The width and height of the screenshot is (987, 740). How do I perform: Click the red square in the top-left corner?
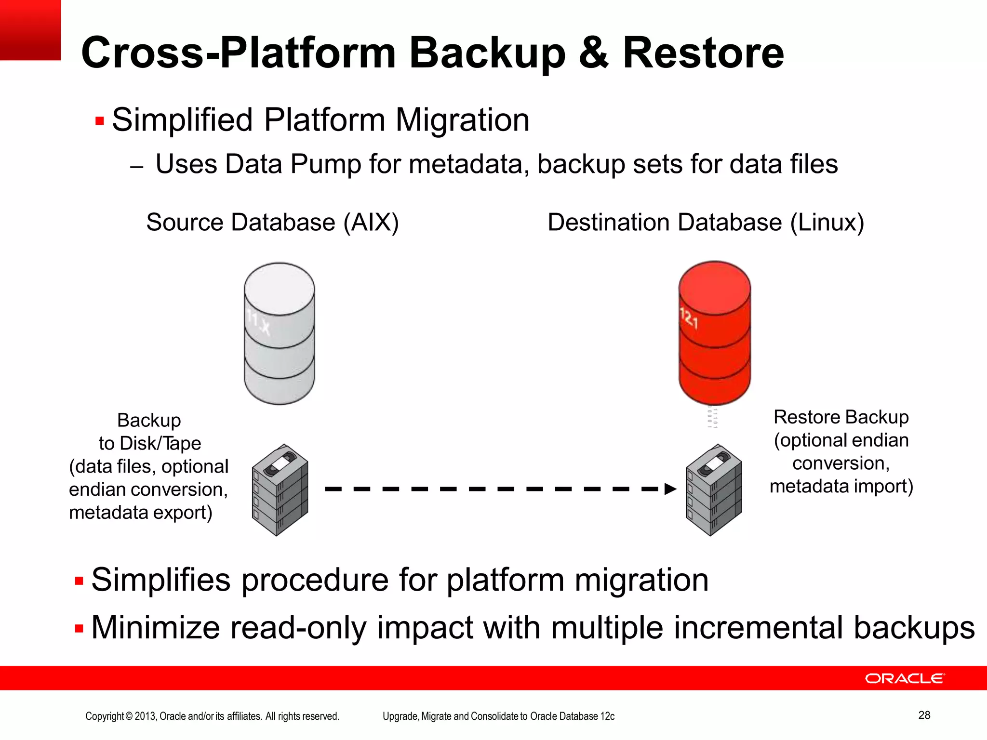click(30, 30)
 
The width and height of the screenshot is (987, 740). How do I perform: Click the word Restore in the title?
click(703, 53)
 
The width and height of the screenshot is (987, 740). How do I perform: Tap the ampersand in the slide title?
click(594, 53)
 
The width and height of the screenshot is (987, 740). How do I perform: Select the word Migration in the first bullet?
click(462, 120)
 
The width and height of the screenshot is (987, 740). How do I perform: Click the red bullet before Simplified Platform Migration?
click(100, 120)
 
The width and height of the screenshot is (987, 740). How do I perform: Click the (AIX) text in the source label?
click(371, 223)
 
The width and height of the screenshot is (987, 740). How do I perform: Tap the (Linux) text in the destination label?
click(827, 223)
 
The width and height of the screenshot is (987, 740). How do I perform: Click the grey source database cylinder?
click(279, 333)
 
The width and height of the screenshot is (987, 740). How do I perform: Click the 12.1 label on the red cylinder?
click(689, 318)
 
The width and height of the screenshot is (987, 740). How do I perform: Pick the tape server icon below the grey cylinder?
click(280, 490)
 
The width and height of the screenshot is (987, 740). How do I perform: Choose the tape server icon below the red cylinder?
click(714, 490)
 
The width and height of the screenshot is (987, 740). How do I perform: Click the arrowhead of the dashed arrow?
click(670, 489)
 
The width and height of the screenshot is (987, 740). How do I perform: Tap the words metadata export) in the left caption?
click(140, 513)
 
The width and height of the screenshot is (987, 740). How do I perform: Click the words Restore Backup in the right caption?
click(840, 417)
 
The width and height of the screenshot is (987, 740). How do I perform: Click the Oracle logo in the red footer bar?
click(905, 678)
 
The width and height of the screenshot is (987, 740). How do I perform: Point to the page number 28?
click(924, 715)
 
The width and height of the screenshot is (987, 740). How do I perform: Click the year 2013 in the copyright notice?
click(146, 716)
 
